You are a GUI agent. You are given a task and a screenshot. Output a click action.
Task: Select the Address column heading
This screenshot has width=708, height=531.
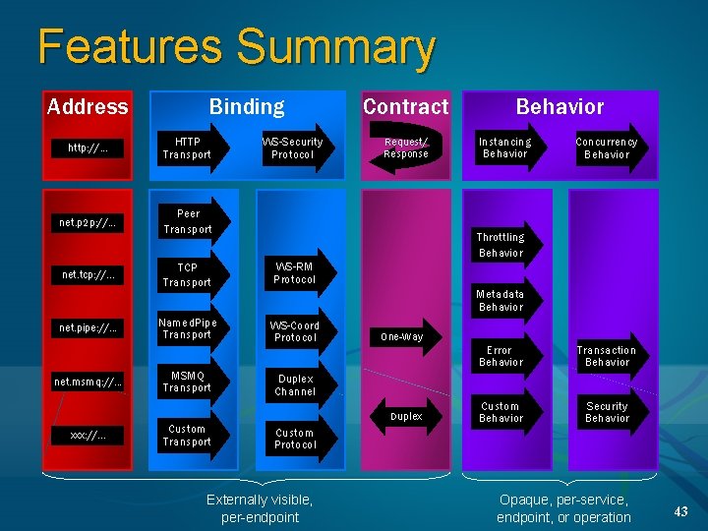88,106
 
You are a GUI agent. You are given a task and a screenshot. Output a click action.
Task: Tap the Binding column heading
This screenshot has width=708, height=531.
246,106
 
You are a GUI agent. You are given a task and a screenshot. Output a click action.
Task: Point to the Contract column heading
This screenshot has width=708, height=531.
405,106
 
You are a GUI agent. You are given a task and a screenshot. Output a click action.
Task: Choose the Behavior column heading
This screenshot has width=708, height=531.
560,106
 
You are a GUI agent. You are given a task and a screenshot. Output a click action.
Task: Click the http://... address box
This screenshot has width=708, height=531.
88,148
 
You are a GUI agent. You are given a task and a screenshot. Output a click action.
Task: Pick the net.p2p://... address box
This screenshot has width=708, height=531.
88,222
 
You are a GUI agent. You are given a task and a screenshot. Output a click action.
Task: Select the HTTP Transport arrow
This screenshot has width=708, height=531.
189,148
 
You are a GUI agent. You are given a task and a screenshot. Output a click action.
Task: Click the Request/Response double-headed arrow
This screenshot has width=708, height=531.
406,148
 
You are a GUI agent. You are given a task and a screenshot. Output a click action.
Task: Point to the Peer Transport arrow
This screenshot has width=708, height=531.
189,221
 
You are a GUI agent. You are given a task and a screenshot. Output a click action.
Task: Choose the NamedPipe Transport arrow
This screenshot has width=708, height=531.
189,327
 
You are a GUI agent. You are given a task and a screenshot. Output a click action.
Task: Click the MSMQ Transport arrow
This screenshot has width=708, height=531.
189,382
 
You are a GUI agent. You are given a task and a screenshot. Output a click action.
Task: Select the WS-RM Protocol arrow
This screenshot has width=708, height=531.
296,273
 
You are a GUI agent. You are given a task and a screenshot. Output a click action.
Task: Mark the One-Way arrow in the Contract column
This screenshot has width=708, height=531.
403,336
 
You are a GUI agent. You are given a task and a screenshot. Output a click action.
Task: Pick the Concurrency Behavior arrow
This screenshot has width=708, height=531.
607,148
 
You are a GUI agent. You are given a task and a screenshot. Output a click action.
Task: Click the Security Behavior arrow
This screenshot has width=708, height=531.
607,412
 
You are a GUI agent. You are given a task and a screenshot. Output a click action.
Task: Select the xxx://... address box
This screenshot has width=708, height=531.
88,435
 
